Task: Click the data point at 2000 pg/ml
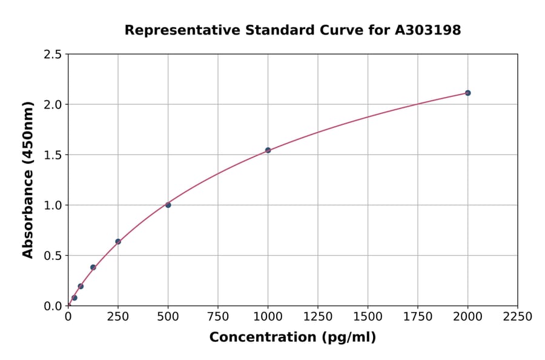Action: point(467,93)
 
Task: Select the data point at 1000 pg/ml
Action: point(268,150)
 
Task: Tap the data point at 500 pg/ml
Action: point(168,205)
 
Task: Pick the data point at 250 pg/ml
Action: point(118,241)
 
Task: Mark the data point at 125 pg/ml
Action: point(93,267)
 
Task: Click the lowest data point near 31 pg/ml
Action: point(74,298)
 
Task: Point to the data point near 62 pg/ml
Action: point(81,286)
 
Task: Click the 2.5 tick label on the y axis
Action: point(53,55)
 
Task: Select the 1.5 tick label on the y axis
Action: point(53,155)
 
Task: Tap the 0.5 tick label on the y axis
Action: point(53,256)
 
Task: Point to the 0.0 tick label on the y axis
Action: point(53,306)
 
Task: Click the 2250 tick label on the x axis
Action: point(517,317)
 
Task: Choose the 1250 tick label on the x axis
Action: point(317,317)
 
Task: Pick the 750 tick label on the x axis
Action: point(218,317)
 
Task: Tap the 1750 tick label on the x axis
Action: point(417,317)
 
